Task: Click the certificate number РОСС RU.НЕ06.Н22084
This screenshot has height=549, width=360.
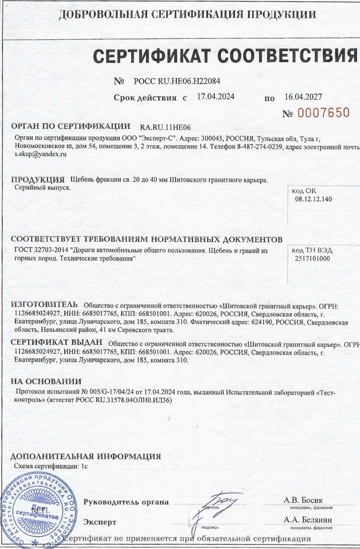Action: (x=177, y=81)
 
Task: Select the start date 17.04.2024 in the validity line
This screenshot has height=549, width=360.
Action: (x=216, y=97)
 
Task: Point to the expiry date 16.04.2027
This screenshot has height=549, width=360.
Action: (x=303, y=97)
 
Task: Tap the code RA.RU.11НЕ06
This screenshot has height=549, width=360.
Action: (x=168, y=127)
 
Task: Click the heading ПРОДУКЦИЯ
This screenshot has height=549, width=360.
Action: (x=37, y=180)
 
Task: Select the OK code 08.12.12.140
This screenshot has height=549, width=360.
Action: (x=313, y=199)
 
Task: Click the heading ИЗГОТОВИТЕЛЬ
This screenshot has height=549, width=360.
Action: (x=44, y=304)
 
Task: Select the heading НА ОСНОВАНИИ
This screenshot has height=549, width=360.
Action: (x=46, y=382)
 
